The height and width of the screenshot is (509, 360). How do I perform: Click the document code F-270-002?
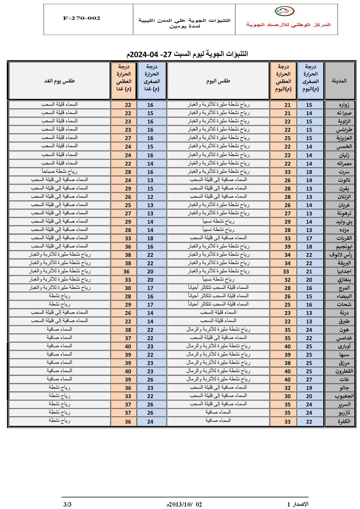(81, 18)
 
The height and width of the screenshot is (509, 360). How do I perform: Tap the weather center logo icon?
(284, 11)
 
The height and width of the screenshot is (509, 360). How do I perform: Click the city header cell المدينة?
(339, 81)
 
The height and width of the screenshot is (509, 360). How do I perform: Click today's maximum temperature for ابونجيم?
(287, 247)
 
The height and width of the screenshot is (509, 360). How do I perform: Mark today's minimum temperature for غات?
(309, 379)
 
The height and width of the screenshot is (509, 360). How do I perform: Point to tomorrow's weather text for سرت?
(59, 171)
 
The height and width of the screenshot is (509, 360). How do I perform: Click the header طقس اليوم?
(218, 81)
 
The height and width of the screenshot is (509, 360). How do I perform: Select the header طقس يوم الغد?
(59, 81)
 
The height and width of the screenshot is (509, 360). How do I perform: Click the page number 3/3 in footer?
(67, 504)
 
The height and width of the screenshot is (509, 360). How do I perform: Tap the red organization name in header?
(288, 25)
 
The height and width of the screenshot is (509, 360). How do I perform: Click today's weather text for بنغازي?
(218, 279)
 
